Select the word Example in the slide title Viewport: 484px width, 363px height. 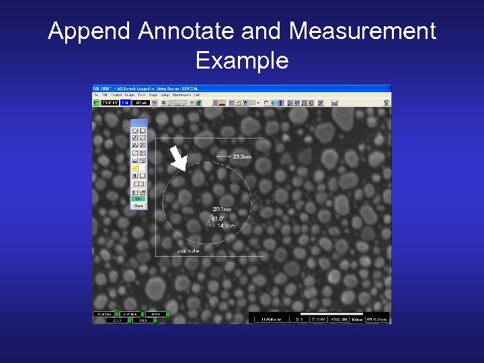click(x=241, y=61)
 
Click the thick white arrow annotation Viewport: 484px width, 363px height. click(x=177, y=159)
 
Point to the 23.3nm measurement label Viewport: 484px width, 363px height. click(x=242, y=157)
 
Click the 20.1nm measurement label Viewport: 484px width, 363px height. click(x=223, y=210)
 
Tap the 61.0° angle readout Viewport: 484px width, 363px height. click(x=218, y=218)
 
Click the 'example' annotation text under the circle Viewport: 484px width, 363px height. click(x=188, y=251)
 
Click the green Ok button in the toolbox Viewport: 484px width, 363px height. click(x=138, y=199)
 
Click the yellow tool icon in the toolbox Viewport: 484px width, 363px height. click(x=135, y=167)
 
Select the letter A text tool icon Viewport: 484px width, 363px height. click(x=135, y=145)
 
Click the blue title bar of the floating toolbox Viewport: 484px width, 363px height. click(x=138, y=123)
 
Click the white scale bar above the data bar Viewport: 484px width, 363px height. click(x=312, y=314)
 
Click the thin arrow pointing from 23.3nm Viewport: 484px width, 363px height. click(x=223, y=157)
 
